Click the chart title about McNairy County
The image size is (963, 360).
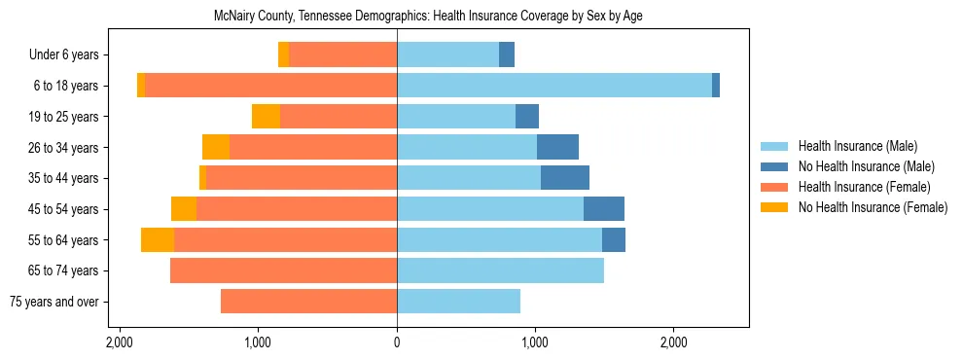point(428,17)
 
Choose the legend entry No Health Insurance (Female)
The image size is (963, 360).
point(873,207)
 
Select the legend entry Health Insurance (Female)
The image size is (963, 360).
point(865,187)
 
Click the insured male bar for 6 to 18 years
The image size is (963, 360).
point(554,86)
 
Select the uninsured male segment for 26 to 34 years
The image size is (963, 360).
point(557,147)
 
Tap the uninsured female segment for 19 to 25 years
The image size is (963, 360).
point(266,117)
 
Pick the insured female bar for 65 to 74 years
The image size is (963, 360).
point(283,270)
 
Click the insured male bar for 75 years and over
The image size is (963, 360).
point(458,302)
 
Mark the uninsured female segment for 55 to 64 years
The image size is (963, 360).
point(158,240)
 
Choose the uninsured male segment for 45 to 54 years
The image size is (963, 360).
point(604,209)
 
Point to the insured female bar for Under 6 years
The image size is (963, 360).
point(342,55)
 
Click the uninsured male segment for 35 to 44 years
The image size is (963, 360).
point(565,178)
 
